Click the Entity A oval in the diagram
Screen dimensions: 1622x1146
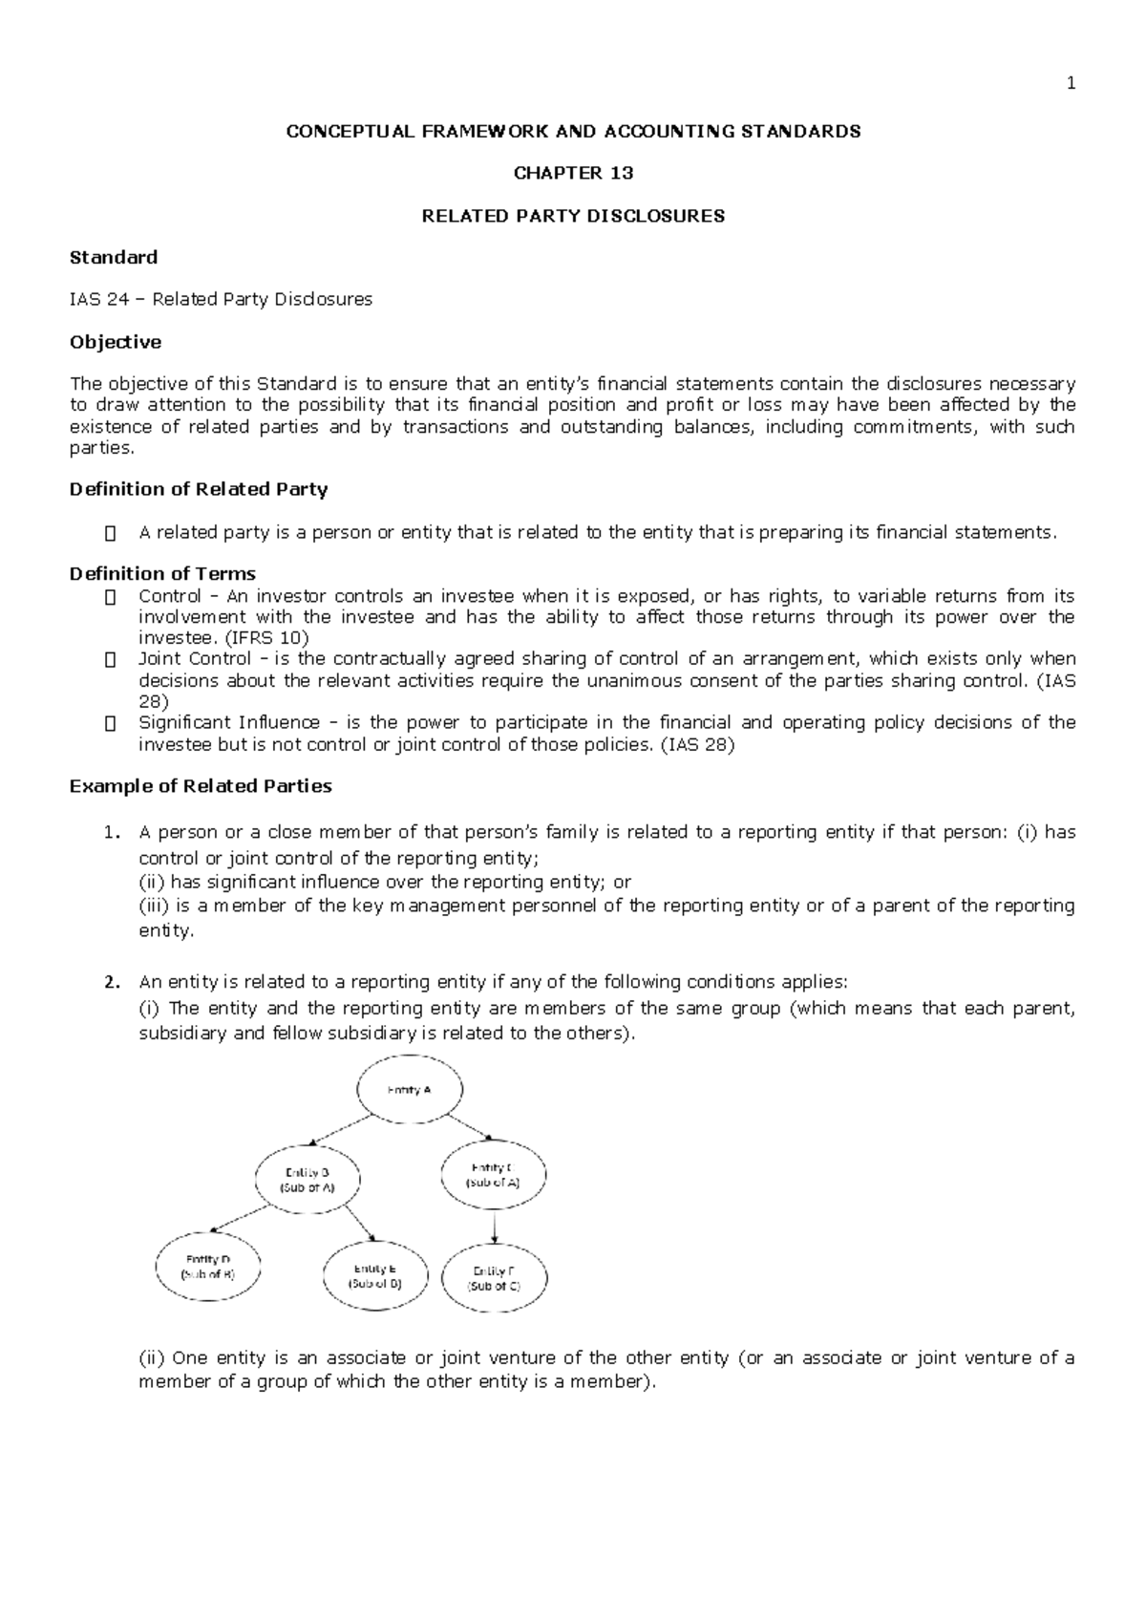(410, 1090)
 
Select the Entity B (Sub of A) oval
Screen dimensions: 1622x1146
(308, 1179)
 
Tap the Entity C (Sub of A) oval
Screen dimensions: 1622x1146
(494, 1174)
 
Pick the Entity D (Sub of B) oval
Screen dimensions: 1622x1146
(207, 1267)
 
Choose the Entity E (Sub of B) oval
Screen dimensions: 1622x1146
(375, 1276)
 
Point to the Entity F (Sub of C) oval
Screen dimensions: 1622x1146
(495, 1278)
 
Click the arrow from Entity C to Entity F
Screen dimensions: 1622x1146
(495, 1226)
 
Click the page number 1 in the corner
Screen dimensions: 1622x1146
(1071, 83)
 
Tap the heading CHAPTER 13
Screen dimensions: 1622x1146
(573, 173)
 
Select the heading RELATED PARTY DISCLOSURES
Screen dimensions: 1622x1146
(573, 216)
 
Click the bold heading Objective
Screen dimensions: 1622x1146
(116, 342)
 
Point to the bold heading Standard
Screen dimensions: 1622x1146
(114, 257)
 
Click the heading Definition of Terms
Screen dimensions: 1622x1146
(162, 574)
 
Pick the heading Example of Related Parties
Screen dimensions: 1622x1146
(201, 786)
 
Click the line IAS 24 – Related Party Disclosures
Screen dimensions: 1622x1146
(221, 300)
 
